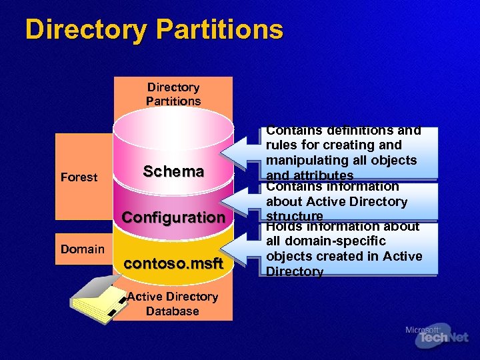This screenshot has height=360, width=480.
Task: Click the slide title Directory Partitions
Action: [x=154, y=30]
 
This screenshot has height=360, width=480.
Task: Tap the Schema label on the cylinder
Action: [x=173, y=171]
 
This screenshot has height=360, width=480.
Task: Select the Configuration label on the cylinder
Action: [x=173, y=217]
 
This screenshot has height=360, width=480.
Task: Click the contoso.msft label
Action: [x=173, y=263]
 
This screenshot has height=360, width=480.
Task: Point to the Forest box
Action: [x=79, y=177]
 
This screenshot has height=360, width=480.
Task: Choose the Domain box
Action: [x=83, y=249]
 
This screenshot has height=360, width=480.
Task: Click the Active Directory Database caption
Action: [x=173, y=304]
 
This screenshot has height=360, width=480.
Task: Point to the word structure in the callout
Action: [x=295, y=216]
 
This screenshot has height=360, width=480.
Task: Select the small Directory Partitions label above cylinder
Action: [x=173, y=94]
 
